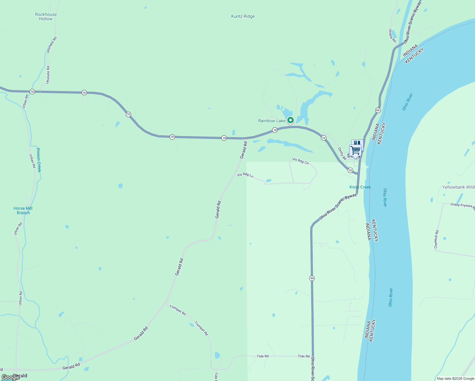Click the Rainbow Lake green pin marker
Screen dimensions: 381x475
tap(290, 120)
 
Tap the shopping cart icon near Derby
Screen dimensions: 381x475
tap(356, 150)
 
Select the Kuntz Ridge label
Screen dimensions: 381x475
tap(243, 17)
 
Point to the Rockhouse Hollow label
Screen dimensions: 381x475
tap(46, 17)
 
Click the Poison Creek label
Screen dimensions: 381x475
tap(39, 160)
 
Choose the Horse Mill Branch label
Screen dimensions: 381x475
tap(23, 211)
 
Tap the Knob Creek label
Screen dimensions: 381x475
tap(360, 187)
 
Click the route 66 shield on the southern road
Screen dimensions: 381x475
tap(312, 278)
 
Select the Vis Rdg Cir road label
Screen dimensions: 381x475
tap(300, 161)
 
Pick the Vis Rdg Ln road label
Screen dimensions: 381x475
tap(245, 175)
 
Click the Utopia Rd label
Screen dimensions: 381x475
tap(392, 36)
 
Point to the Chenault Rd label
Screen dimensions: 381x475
tap(436, 239)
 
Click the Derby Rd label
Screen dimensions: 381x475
tap(342, 154)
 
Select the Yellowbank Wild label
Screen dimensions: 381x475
tap(458, 187)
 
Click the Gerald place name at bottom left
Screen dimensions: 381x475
tap(20, 376)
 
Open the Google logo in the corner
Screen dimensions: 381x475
tap(10, 377)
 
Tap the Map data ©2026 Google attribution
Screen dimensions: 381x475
tap(455, 378)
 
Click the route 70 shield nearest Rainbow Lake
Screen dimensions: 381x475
tap(275, 130)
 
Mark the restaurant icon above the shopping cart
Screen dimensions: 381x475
tap(358, 143)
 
